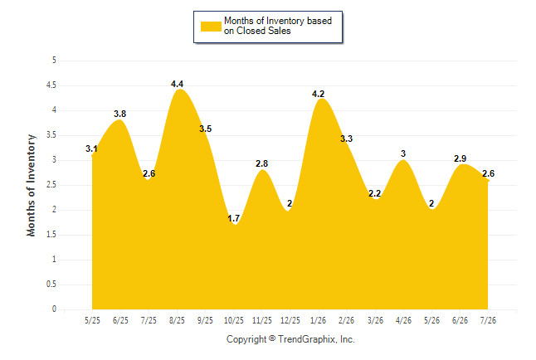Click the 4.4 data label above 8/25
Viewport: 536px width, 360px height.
[177, 84]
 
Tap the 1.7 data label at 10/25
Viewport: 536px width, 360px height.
[234, 218]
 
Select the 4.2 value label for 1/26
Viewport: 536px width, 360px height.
[319, 94]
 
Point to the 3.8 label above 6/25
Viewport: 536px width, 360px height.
[120, 114]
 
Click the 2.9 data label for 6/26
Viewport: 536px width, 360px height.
[460, 158]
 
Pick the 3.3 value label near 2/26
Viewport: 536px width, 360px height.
[346, 139]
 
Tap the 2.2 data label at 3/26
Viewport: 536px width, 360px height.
[375, 193]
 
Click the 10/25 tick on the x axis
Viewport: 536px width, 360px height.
[234, 320]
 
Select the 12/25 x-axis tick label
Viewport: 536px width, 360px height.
[290, 320]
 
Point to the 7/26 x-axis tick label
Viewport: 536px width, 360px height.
[488, 320]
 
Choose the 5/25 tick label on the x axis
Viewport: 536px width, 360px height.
[92, 320]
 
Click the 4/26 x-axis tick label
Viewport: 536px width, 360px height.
[403, 320]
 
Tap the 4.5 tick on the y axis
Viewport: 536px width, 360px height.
[51, 85]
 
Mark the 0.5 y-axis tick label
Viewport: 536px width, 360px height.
[51, 285]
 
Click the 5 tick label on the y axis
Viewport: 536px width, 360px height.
[54, 61]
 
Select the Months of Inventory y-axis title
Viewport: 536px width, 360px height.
[31, 185]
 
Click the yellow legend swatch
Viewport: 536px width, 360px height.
[211, 27]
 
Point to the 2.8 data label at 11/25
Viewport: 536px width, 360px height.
[262, 163]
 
